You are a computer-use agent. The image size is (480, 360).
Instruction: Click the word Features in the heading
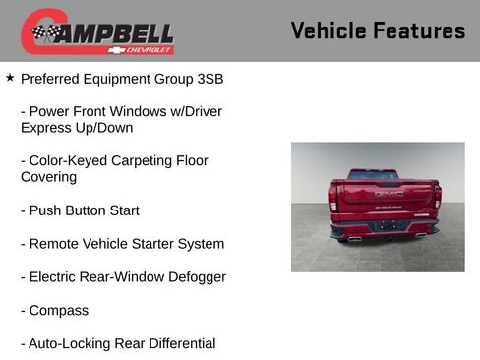(420, 30)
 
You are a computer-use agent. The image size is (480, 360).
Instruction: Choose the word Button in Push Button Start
(92, 210)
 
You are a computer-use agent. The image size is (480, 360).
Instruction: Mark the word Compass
(59, 311)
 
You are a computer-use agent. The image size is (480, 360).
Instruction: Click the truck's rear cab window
(373, 174)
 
